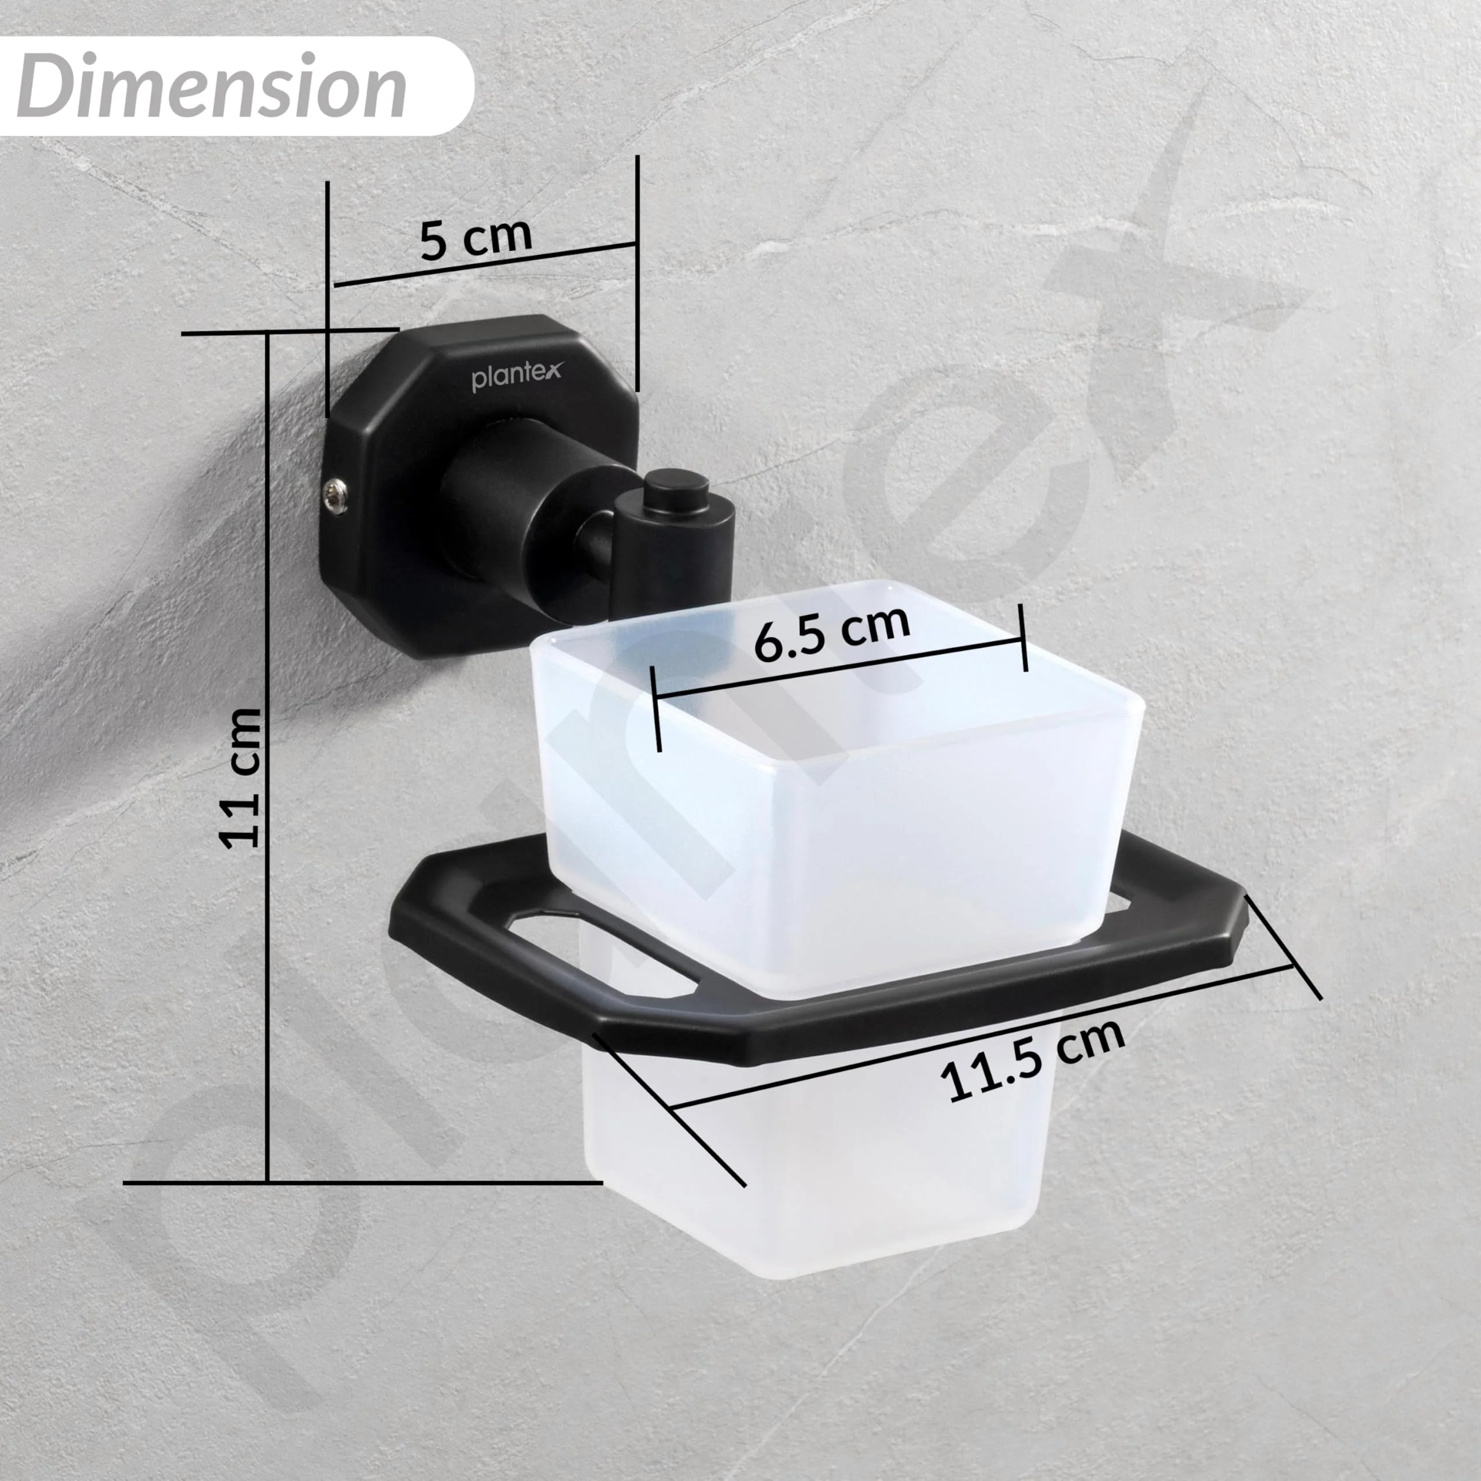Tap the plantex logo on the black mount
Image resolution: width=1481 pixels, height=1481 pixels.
click(516, 377)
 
